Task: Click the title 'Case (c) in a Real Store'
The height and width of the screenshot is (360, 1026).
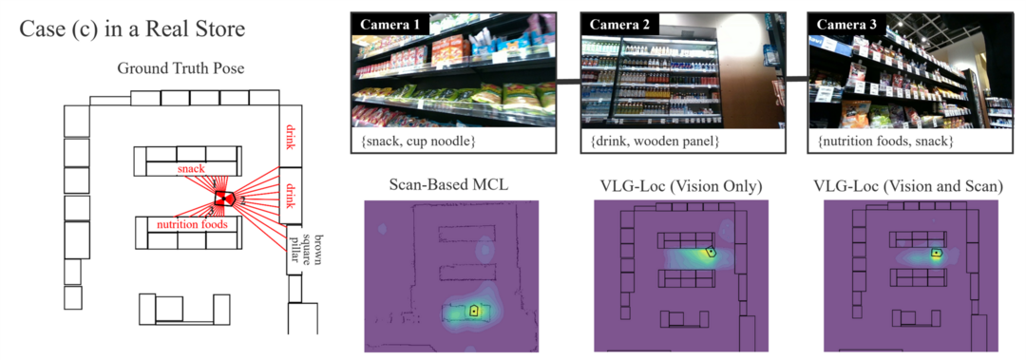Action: tap(132, 29)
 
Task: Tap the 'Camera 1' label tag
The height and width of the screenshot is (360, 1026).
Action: tap(389, 23)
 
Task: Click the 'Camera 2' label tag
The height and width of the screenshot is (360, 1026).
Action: tap(617, 23)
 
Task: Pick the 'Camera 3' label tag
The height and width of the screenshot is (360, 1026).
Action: tap(845, 23)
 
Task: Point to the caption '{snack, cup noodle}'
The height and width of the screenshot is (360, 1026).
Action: tap(418, 142)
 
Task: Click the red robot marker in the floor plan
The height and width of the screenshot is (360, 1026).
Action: tap(225, 197)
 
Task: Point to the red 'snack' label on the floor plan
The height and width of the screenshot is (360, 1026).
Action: tap(192, 168)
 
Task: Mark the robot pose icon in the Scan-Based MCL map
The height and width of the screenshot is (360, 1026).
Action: tap(473, 310)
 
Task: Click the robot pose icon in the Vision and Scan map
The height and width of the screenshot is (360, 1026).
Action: tap(936, 253)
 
